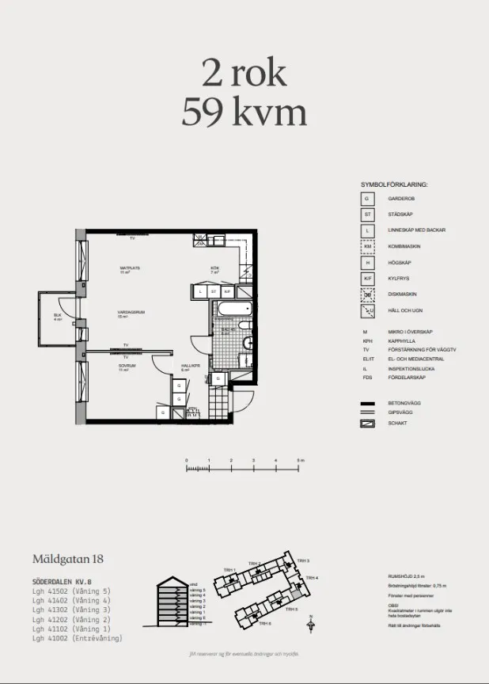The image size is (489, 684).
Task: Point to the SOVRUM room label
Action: point(127,367)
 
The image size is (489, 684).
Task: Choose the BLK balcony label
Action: point(58,317)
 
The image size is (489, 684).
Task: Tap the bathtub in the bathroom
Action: point(234,310)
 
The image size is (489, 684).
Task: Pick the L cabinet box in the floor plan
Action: point(202,291)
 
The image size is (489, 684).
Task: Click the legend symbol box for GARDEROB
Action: point(367,199)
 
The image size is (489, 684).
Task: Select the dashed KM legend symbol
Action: point(367,246)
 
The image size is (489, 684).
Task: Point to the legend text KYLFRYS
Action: point(398,279)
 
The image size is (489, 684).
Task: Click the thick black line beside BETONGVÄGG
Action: point(367,403)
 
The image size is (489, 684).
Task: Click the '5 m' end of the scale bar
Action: point(299,460)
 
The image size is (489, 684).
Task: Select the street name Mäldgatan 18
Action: point(67,560)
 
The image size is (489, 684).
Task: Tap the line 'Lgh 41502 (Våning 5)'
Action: point(71,591)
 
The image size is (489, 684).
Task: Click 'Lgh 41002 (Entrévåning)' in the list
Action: point(78,637)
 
